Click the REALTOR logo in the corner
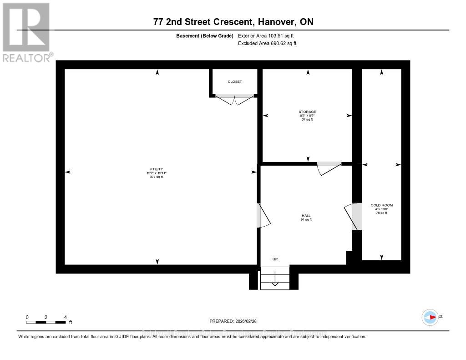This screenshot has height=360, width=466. coord(26,32)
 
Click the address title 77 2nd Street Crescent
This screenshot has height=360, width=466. coord(233,22)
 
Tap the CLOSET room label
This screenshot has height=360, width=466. coord(235,82)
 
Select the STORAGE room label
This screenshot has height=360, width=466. coord(307,112)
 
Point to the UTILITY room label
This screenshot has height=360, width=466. coord(157,169)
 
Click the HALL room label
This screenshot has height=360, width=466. coord(307,216)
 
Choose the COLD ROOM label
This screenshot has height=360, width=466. coord(381,205)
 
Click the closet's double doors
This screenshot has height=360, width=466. coord(235,99)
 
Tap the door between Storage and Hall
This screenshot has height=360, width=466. coord(329,168)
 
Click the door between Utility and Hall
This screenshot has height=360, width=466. coord(263,216)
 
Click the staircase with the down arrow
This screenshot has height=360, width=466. coord(275,278)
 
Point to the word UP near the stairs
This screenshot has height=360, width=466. coord(275,259)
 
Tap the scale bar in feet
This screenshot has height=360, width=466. coord(46,322)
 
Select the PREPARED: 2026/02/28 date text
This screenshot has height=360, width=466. coord(233,321)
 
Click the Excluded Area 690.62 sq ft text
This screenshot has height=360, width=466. coord(267,43)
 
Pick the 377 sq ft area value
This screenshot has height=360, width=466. coord(157,177)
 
